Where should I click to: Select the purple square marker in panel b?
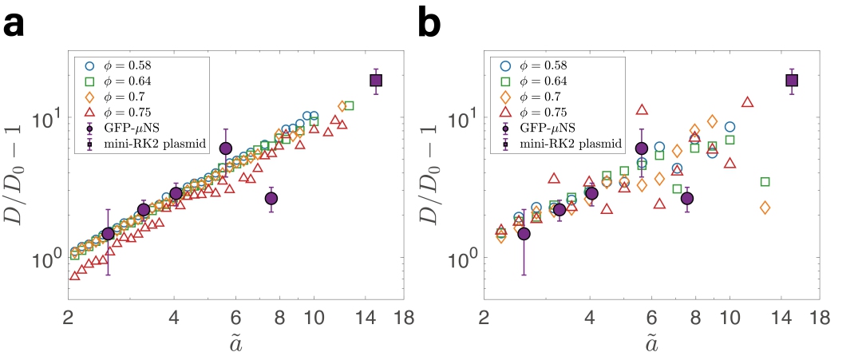(x=792, y=80)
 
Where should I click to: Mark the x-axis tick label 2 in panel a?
(x=69, y=317)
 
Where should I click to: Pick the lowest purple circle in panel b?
(x=524, y=233)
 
